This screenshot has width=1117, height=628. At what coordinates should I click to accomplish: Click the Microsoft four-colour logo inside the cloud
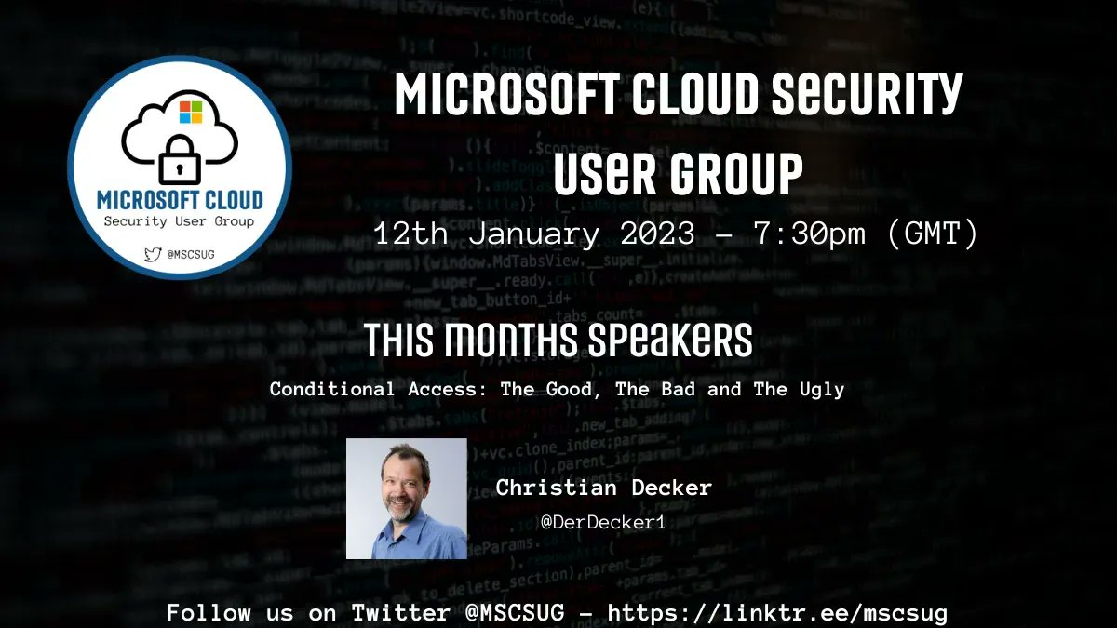point(190,113)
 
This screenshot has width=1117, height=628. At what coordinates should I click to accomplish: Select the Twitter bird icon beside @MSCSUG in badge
point(152,252)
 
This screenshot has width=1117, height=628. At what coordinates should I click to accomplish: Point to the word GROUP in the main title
point(716,174)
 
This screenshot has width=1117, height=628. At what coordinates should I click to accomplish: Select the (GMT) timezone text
point(929,233)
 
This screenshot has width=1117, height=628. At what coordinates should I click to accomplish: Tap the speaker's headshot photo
point(407,499)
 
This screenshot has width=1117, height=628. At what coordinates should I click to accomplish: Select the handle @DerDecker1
point(603,522)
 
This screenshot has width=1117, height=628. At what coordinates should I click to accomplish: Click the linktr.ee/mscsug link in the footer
point(778,613)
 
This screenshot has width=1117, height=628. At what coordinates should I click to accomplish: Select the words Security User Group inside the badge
point(180,221)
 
